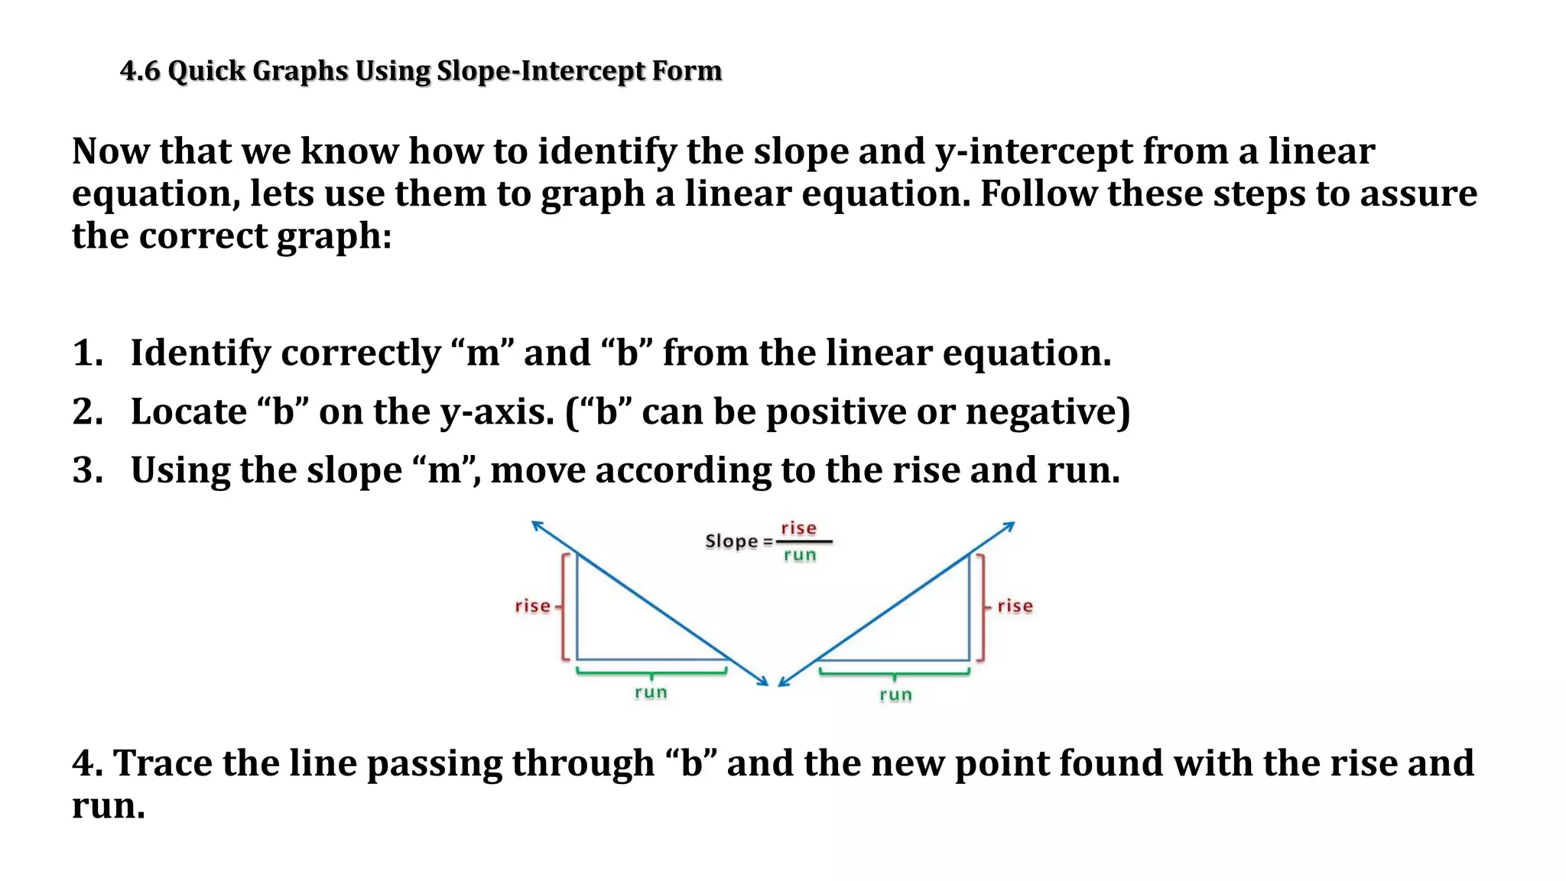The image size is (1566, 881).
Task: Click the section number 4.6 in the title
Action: click(140, 71)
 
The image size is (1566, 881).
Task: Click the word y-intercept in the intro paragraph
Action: click(1034, 151)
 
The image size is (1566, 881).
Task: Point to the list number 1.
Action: click(87, 353)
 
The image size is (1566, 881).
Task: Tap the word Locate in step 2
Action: click(189, 412)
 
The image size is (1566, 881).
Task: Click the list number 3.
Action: click(87, 470)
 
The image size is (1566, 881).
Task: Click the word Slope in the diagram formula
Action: click(731, 541)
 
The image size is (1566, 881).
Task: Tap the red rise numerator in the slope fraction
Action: click(798, 528)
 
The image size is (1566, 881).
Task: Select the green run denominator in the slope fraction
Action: click(800, 555)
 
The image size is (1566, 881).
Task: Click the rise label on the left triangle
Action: click(532, 606)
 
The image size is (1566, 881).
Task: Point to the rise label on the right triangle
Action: click(1015, 606)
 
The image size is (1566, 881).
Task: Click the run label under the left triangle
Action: click(651, 693)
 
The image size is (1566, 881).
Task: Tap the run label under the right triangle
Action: click(895, 695)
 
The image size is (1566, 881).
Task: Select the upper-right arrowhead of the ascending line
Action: click(1010, 525)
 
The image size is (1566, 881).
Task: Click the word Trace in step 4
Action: click(163, 764)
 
